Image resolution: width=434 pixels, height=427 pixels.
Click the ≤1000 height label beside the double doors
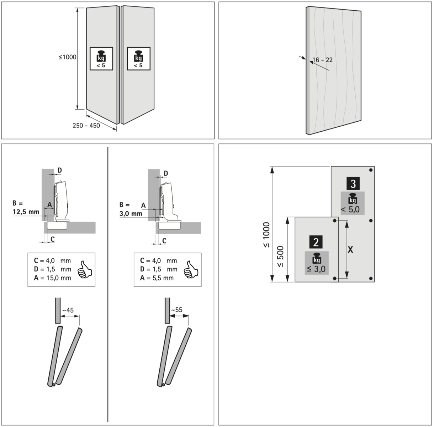(67, 57)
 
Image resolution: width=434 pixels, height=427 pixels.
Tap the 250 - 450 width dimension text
(86, 126)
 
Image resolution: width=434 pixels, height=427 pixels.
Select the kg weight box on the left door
(101, 59)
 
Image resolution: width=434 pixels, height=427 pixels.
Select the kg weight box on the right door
(138, 59)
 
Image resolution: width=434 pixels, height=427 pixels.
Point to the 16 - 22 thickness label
(323, 60)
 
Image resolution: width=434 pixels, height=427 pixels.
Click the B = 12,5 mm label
(26, 207)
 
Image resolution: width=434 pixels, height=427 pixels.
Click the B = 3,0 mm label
(131, 209)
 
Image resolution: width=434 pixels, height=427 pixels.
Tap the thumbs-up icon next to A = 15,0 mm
(85, 270)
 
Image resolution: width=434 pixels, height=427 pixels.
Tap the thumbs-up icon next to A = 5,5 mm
(191, 270)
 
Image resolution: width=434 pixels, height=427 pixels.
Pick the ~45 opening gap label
(68, 311)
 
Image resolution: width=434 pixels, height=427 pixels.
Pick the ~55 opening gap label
(176, 310)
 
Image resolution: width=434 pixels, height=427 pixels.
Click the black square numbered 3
(353, 184)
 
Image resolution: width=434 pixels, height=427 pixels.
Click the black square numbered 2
(316, 242)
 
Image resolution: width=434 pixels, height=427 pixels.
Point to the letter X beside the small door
(350, 250)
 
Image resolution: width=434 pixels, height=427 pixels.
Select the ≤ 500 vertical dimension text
(280, 257)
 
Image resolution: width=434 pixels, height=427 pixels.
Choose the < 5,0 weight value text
(350, 210)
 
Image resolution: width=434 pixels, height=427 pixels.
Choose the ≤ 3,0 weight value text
(316, 269)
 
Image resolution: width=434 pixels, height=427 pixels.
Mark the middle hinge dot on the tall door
(371, 221)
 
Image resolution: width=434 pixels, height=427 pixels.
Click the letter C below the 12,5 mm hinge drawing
(53, 239)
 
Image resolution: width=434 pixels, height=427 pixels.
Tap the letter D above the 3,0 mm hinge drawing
(166, 174)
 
